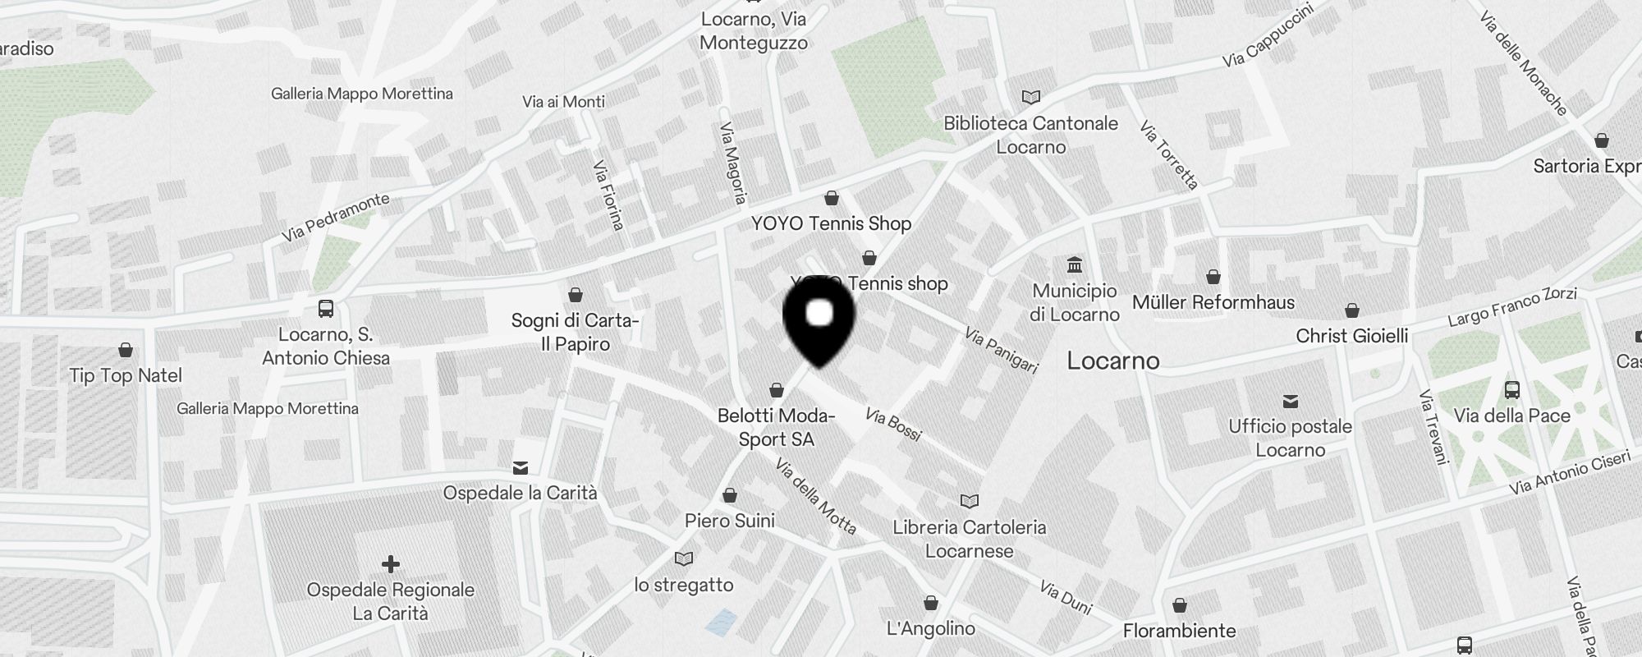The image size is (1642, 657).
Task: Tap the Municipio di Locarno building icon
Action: (x=1075, y=264)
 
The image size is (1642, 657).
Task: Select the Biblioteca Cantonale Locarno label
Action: (x=1030, y=135)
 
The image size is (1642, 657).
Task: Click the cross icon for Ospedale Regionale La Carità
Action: (x=391, y=564)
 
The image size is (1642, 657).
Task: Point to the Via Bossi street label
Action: (x=893, y=425)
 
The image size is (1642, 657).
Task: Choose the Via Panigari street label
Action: (x=1001, y=350)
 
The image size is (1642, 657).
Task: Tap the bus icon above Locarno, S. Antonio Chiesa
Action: (x=325, y=309)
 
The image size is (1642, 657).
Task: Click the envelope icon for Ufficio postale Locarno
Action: (x=1291, y=401)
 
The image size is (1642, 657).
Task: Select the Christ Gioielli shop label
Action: (x=1351, y=336)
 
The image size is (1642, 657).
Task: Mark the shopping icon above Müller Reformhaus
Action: (x=1213, y=277)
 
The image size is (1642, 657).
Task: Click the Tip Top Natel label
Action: (x=126, y=375)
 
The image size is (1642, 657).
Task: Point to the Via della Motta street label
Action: (x=816, y=496)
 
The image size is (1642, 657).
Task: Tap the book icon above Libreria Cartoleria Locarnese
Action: (x=970, y=501)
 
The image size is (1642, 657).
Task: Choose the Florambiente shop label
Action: (x=1179, y=631)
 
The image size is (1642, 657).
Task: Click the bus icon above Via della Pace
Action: (x=1511, y=389)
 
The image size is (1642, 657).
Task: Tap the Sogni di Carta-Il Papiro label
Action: (x=575, y=332)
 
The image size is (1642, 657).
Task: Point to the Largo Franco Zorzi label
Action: (x=1511, y=306)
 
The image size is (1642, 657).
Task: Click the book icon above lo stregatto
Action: (x=683, y=558)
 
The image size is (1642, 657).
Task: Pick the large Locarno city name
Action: (x=1112, y=361)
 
